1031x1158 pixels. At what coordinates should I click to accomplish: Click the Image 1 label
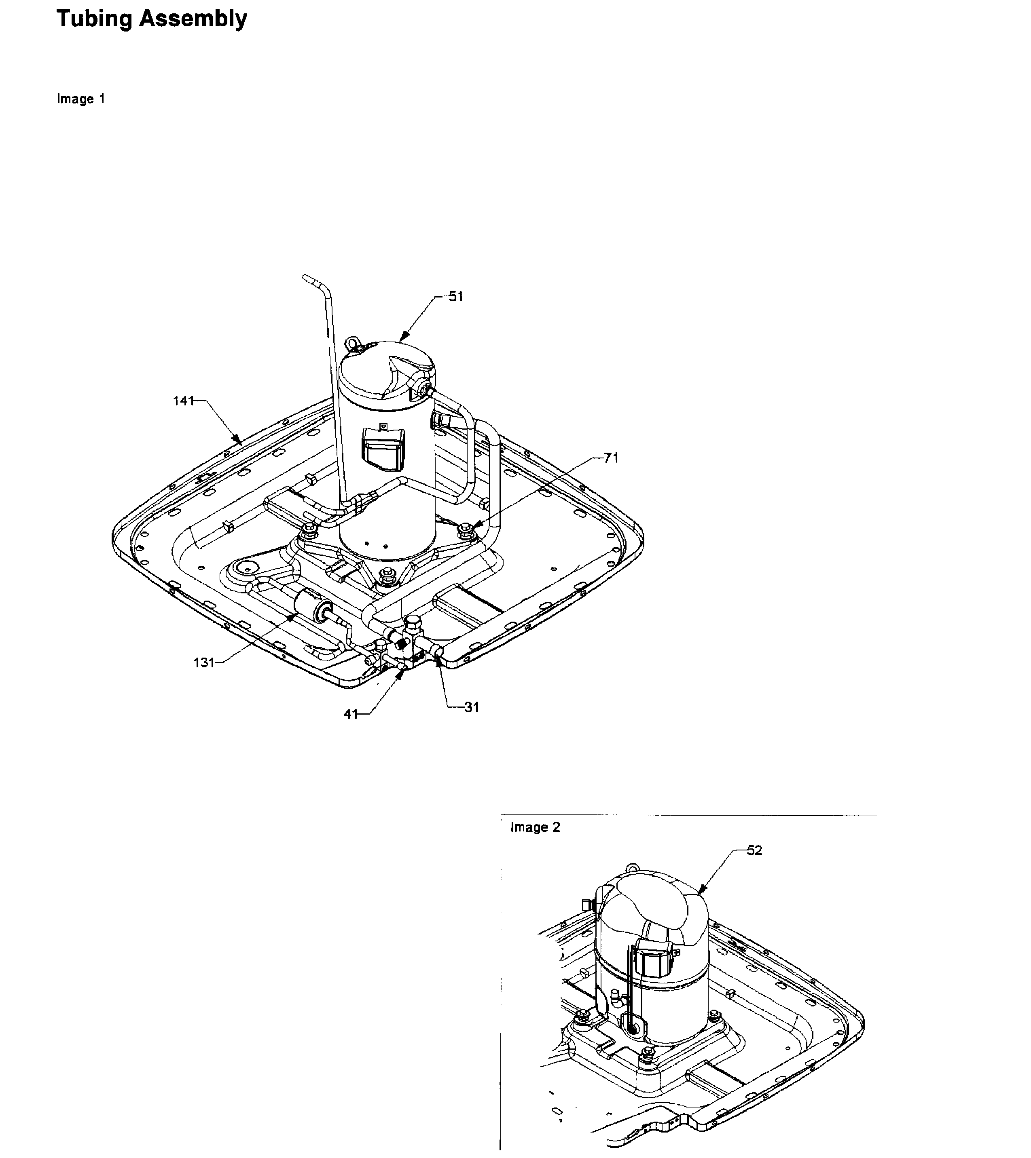point(80,99)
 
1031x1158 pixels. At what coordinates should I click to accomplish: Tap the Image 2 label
point(535,827)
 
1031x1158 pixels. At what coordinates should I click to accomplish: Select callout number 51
point(456,297)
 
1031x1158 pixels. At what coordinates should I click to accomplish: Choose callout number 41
point(351,714)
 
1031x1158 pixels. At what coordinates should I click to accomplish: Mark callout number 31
point(472,707)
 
